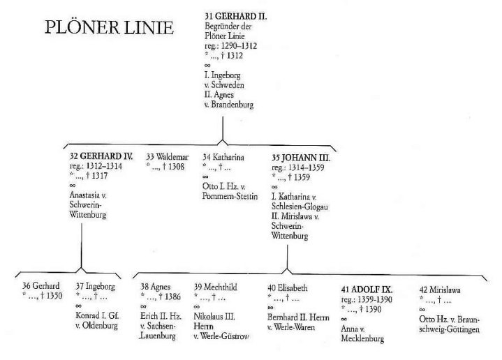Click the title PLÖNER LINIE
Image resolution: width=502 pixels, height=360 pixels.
(109, 27)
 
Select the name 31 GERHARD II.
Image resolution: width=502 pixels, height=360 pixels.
(235, 16)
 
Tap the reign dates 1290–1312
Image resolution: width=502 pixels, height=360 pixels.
(239, 46)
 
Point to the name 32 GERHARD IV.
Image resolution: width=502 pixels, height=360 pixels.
(101, 156)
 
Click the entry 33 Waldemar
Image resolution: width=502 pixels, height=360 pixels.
(168, 157)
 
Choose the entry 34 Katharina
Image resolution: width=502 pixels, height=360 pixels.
(223, 157)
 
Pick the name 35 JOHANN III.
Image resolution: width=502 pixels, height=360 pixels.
(301, 158)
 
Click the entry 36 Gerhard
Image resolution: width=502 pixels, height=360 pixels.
(41, 286)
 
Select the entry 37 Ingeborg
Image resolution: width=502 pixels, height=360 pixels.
(96, 287)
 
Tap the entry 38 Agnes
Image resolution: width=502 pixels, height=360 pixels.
(156, 287)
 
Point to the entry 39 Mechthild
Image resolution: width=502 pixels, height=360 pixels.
(216, 287)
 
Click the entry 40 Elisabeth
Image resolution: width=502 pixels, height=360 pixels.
(288, 288)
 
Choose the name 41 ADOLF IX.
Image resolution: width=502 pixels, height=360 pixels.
(367, 290)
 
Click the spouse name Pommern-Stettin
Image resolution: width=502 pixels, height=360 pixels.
(230, 196)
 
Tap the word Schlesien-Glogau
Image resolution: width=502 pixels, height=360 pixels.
(300, 207)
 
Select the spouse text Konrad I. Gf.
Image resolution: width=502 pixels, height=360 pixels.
(97, 315)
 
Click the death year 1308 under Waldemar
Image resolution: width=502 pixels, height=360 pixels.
(177, 167)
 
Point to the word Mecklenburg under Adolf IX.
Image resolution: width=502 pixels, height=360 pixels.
(363, 338)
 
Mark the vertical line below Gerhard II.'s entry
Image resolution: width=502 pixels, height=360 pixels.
(223, 128)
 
